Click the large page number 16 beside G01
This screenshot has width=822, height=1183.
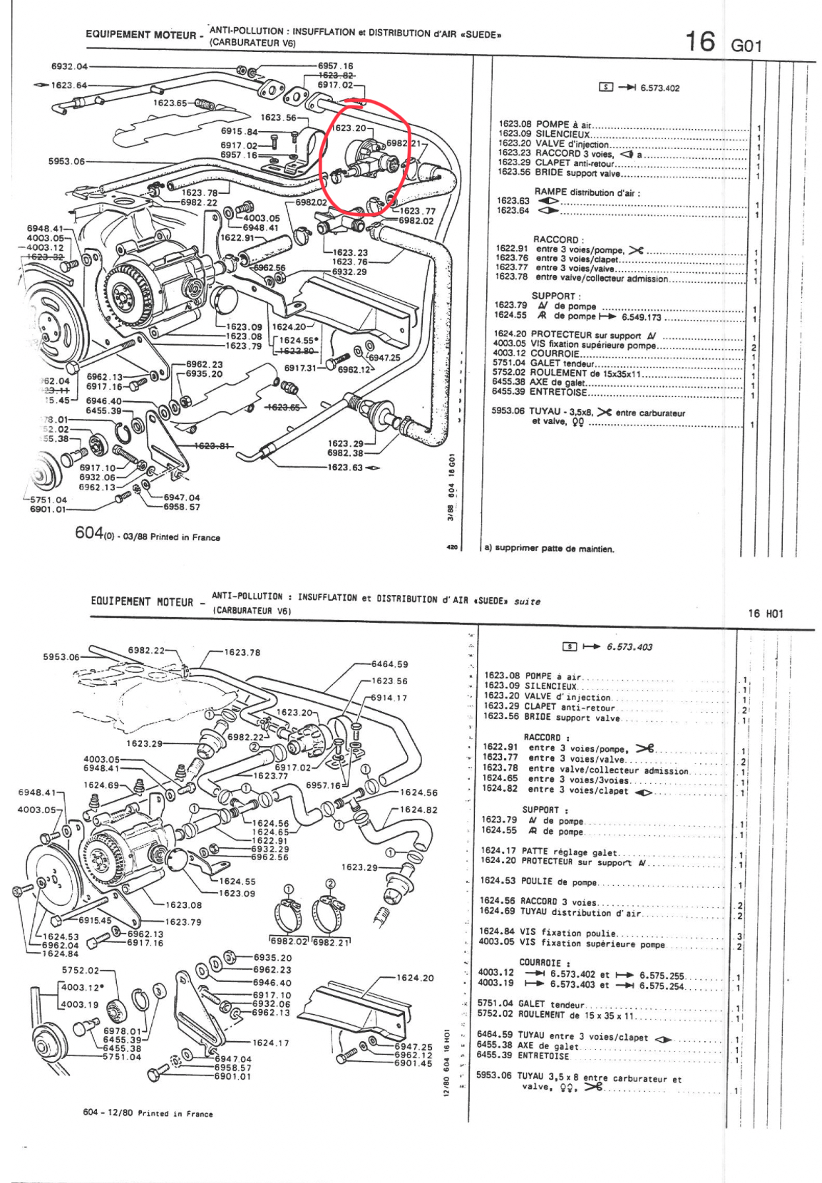[699, 41]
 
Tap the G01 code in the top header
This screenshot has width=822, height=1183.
[746, 46]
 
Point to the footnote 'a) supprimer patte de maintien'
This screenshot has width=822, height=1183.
[549, 549]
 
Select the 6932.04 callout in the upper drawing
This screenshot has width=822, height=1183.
[68, 66]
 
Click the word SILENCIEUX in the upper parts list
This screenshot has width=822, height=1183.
[562, 134]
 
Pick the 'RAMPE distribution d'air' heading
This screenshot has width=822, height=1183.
[587, 192]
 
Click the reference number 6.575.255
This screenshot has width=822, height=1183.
[662, 976]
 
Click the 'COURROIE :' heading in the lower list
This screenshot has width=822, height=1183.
[540, 963]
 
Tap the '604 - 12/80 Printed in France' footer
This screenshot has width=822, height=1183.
[148, 1113]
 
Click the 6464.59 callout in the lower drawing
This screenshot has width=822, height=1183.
[390, 664]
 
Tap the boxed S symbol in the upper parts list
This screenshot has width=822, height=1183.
[606, 88]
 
